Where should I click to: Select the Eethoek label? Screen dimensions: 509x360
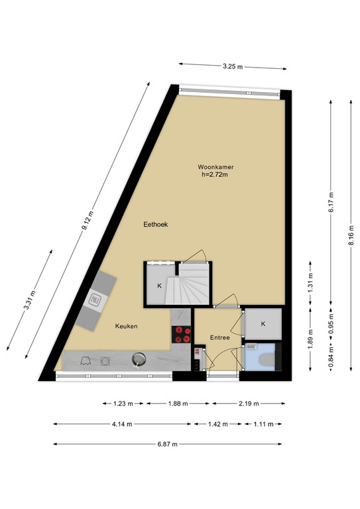coord(156,225)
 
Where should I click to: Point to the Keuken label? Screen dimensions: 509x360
coord(126,326)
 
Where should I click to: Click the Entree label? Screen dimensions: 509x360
coord(219,337)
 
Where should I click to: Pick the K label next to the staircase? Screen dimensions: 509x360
coord(159,286)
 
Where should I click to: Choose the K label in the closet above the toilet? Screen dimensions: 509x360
coord(263,323)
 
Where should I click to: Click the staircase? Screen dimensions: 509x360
coord(194,285)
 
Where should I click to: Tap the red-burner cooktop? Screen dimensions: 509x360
coord(180,335)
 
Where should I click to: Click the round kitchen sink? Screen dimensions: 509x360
coord(138,359)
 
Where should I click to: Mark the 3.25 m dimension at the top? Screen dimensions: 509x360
coord(232,66)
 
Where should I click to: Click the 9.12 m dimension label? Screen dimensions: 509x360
coord(88,219)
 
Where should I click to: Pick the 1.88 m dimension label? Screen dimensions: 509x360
coord(177,403)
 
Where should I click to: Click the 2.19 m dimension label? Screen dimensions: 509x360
coord(249,403)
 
